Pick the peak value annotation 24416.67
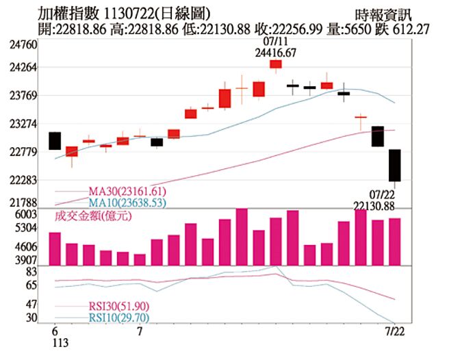click(x=276, y=52)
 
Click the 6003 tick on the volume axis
click(x=26, y=215)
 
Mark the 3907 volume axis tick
click(x=26, y=260)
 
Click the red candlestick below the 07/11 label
click(x=276, y=64)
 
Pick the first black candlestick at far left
click(x=55, y=140)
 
